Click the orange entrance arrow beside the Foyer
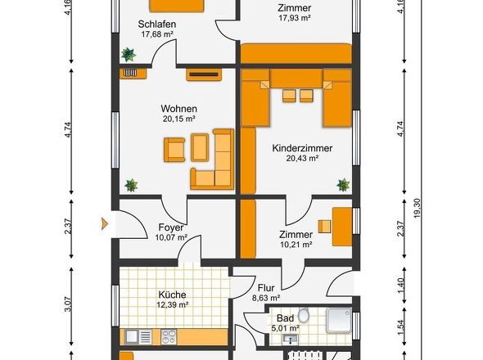(x=105, y=223)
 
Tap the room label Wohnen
(x=178, y=109)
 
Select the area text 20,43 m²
(x=302, y=158)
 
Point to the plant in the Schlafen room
(x=129, y=55)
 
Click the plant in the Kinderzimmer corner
(x=343, y=185)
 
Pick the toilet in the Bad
(x=304, y=315)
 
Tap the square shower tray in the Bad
(x=339, y=320)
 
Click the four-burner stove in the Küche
(x=169, y=336)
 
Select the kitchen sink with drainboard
(x=138, y=336)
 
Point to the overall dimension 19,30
(x=417, y=208)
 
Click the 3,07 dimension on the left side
(x=68, y=304)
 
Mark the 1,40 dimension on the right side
(x=400, y=286)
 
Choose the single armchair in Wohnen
(x=174, y=150)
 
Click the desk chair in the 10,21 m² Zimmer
(x=324, y=227)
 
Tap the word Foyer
(x=171, y=227)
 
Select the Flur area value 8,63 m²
(x=266, y=298)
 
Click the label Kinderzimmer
(x=302, y=148)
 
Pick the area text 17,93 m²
(x=294, y=18)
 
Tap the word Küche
(x=172, y=295)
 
